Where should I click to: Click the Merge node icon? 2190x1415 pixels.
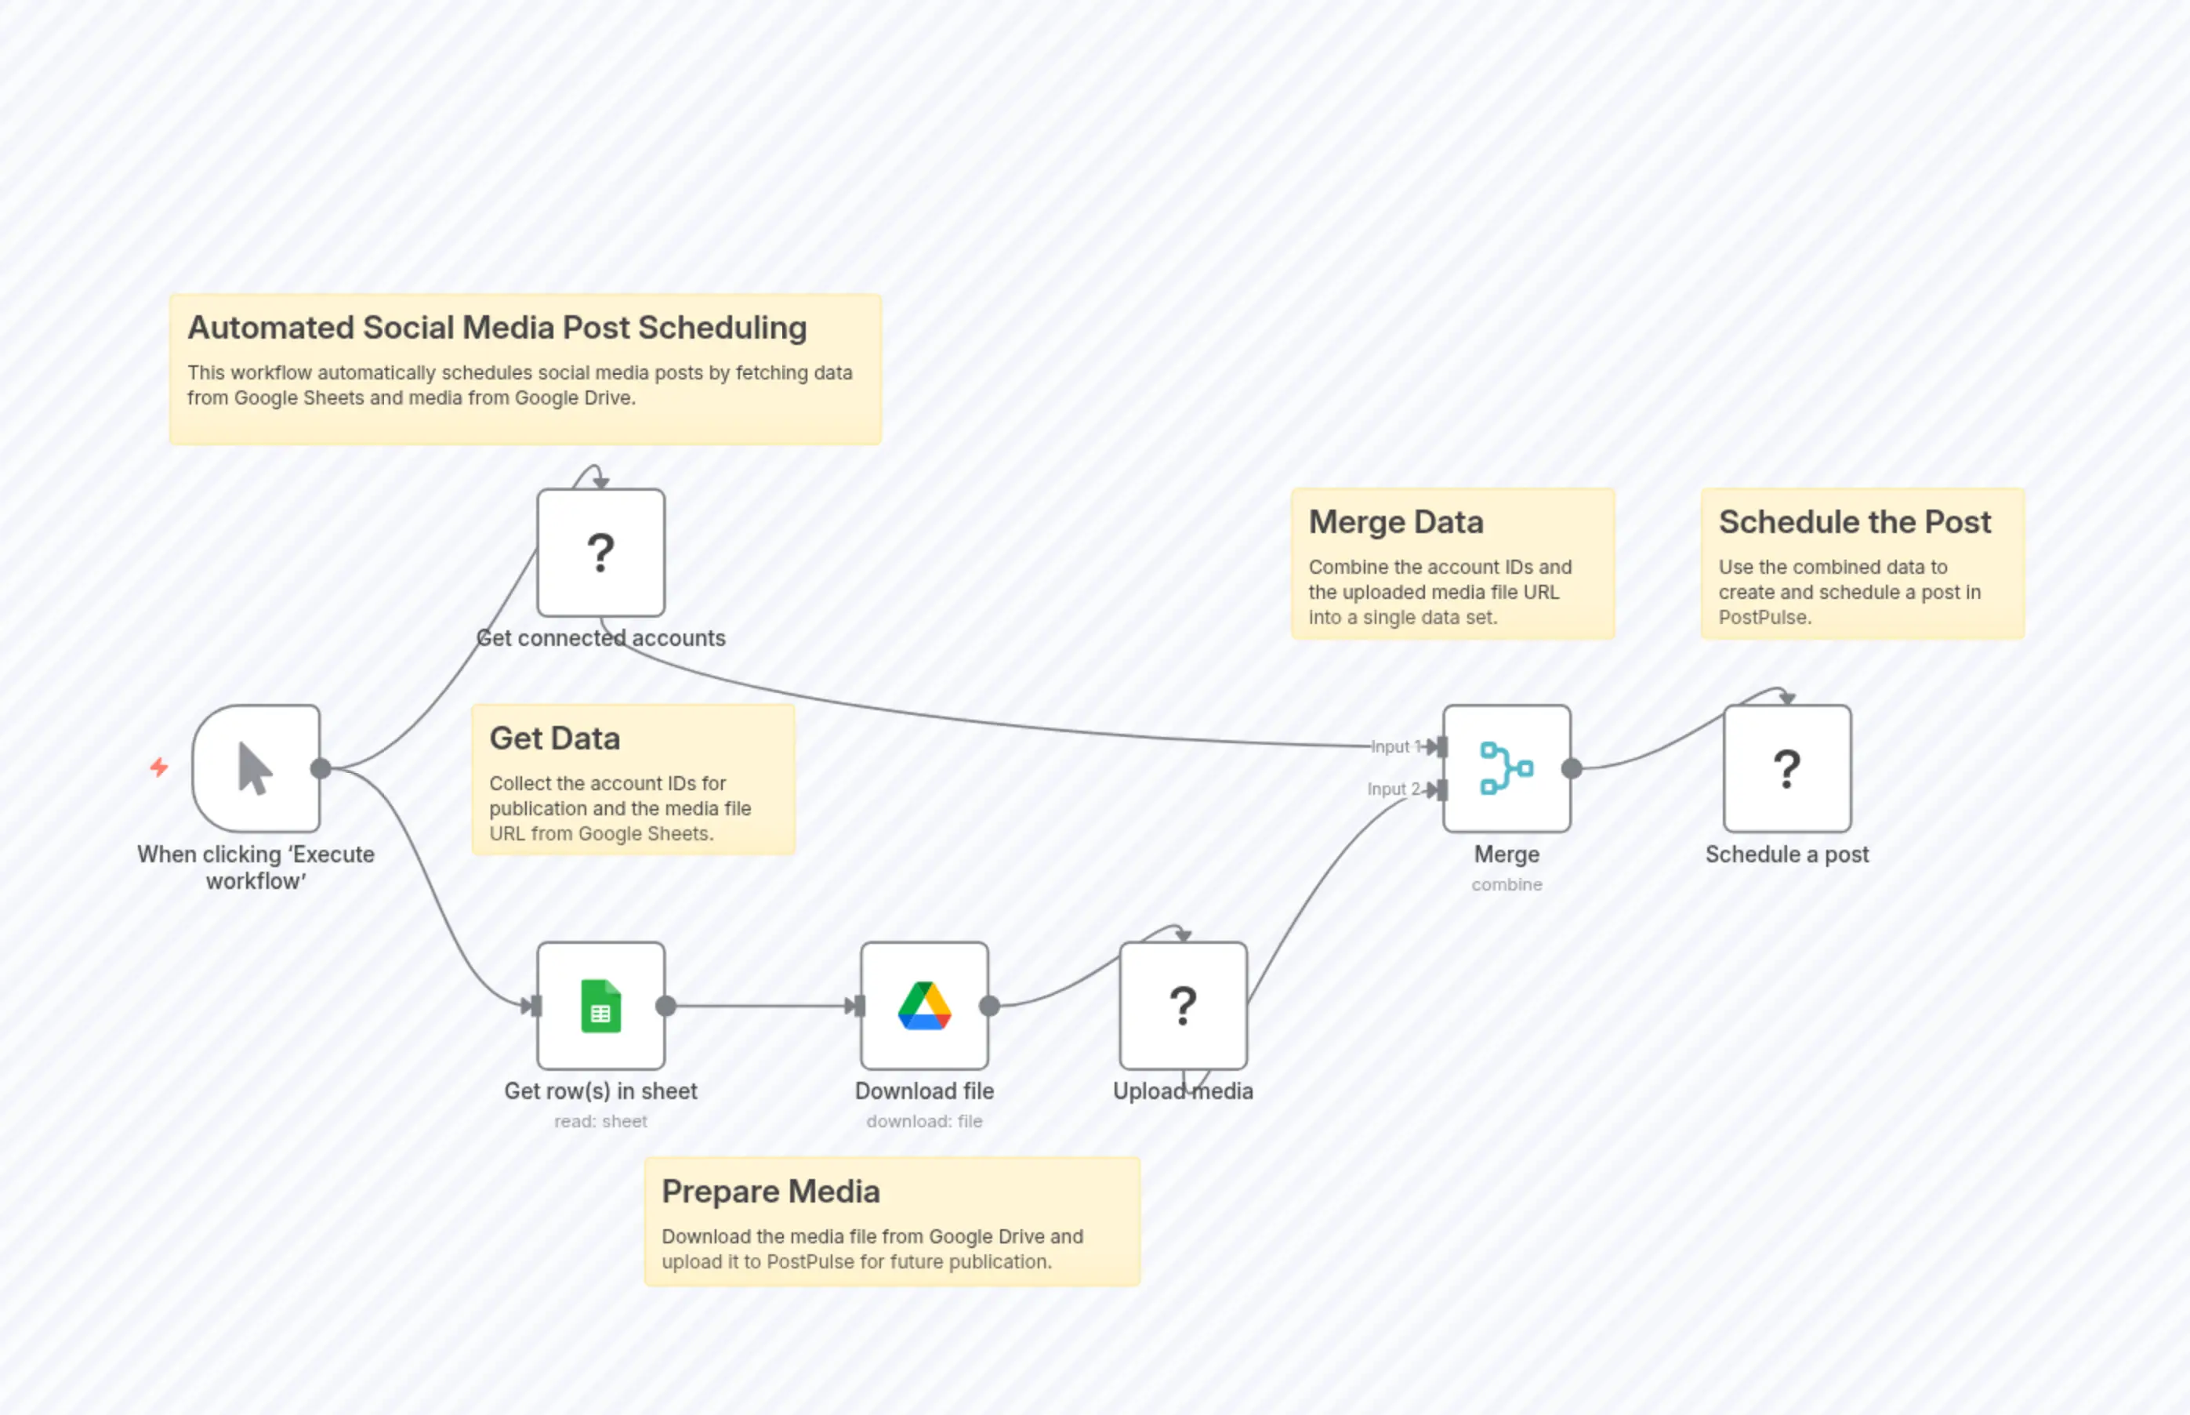[1506, 768]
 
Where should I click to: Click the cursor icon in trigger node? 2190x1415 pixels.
[256, 768]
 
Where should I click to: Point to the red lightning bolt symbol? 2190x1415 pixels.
[160, 767]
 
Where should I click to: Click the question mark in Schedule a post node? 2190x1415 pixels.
[1787, 769]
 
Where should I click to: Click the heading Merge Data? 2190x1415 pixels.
[1395, 522]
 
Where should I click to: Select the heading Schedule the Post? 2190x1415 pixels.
[1854, 522]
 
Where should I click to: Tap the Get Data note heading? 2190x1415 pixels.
[555, 738]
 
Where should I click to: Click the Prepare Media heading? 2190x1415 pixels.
[770, 1192]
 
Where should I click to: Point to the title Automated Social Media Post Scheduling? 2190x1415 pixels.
[497, 328]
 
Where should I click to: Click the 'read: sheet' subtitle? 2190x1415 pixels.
[600, 1121]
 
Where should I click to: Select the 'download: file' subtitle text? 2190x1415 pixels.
[924, 1121]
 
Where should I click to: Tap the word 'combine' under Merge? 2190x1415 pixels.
[1507, 884]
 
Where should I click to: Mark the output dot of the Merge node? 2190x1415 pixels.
[1572, 768]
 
